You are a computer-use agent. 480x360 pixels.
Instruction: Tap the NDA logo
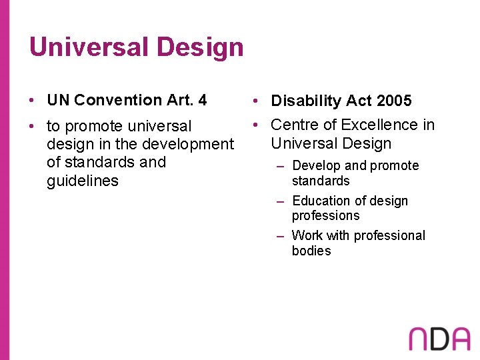pos(439,339)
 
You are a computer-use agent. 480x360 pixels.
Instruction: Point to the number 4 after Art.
pos(202,100)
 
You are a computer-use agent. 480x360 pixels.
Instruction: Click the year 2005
pos(394,101)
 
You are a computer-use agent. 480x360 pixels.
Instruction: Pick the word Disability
pos(302,101)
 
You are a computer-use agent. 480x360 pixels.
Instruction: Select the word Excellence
pos(382,125)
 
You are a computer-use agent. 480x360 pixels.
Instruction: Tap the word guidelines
pos(82,181)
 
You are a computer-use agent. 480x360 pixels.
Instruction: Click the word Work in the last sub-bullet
pos(307,235)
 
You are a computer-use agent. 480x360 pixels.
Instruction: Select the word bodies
pos(311,251)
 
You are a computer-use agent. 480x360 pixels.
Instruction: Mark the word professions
pos(325,216)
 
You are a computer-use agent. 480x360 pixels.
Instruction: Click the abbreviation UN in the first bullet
pos(58,100)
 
